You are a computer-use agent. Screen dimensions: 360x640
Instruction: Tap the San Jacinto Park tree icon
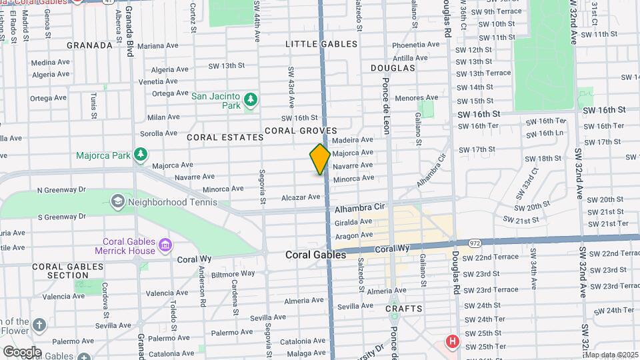pyautogui.click(x=250, y=100)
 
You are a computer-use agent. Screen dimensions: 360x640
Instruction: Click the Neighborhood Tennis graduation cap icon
pyautogui.click(x=117, y=201)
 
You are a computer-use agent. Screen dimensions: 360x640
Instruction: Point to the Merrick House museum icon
pyautogui.click(x=164, y=246)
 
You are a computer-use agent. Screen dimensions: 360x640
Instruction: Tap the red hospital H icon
pyautogui.click(x=453, y=342)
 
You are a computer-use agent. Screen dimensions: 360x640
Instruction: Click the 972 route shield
pyautogui.click(x=475, y=243)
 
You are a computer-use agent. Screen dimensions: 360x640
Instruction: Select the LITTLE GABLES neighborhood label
pyautogui.click(x=321, y=44)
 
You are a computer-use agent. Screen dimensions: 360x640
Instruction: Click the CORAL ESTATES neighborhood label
pyautogui.click(x=225, y=137)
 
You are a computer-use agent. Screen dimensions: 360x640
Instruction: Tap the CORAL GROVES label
pyautogui.click(x=301, y=131)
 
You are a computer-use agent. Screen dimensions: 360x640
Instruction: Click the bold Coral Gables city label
pyautogui.click(x=315, y=255)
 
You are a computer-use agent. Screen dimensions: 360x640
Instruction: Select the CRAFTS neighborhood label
pyautogui.click(x=404, y=309)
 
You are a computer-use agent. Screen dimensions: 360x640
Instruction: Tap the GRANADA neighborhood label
pyautogui.click(x=89, y=45)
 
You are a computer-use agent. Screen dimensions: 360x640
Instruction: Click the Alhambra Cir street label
pyautogui.click(x=361, y=208)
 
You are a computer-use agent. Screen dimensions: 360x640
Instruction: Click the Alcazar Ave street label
pyautogui.click(x=301, y=197)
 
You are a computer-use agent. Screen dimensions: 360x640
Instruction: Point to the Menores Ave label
pyautogui.click(x=416, y=98)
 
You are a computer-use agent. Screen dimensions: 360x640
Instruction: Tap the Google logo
pyautogui.click(x=22, y=351)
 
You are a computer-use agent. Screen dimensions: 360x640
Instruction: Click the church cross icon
pyautogui.click(x=40, y=325)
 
